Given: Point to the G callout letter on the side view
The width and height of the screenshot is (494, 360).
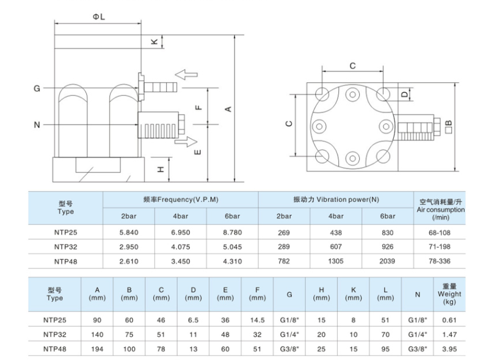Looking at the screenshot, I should pos(37,89).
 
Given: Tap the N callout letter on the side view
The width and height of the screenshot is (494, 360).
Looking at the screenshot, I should pos(37,125).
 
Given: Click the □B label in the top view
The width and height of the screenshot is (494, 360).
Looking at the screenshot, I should pos(449,126).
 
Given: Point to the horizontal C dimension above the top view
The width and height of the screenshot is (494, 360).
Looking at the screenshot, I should pos(352,65).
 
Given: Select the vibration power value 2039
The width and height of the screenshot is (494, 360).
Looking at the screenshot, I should pos(388,261).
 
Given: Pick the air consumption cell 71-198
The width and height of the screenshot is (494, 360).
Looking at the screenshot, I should pos(440,247).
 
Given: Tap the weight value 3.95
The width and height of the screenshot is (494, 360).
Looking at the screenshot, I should pos(449,349).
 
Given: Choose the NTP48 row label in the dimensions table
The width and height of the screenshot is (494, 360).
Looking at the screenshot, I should pos(55,349).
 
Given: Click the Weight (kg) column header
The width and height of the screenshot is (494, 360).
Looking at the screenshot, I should pos(449,294).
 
